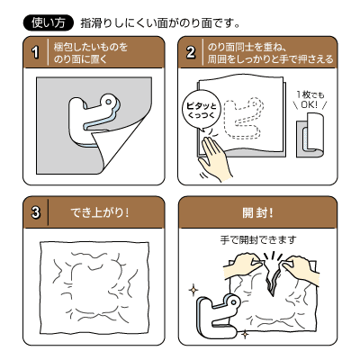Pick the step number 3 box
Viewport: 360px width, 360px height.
pyautogui.click(x=35, y=213)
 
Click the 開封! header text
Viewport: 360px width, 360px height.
pyautogui.click(x=258, y=213)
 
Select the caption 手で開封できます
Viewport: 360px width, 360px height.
pyautogui.click(x=258, y=240)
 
